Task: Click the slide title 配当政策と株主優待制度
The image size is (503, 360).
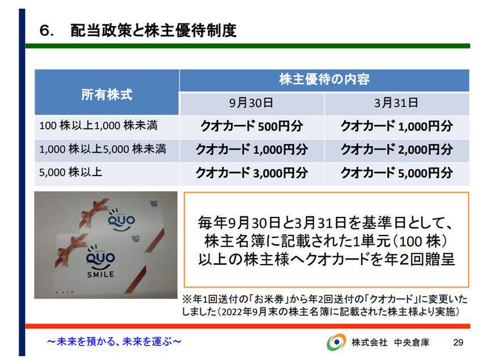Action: (x=153, y=31)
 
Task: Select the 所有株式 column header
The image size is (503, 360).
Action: (x=107, y=95)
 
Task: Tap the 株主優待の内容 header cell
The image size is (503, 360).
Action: (x=324, y=79)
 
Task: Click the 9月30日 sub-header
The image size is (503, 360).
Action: (x=251, y=103)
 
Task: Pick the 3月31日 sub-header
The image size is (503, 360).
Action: (x=396, y=103)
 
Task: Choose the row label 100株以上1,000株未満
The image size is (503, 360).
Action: (x=98, y=125)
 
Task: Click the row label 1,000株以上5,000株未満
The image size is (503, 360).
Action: (x=103, y=149)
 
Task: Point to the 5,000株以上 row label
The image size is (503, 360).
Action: (x=70, y=172)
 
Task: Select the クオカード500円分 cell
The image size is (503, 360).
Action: (x=252, y=126)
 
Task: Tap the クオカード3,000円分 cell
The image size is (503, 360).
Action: (x=252, y=173)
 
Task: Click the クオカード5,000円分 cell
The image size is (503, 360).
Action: (x=397, y=173)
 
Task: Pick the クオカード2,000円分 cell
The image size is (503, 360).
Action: (x=397, y=149)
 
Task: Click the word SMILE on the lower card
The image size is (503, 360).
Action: (x=100, y=274)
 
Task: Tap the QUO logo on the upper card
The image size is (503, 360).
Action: (x=121, y=220)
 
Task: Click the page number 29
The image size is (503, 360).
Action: (x=458, y=342)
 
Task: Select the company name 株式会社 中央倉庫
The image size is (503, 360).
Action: (x=391, y=342)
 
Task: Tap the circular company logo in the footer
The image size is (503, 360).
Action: (x=336, y=342)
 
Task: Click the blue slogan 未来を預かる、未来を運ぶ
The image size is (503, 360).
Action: (x=114, y=342)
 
